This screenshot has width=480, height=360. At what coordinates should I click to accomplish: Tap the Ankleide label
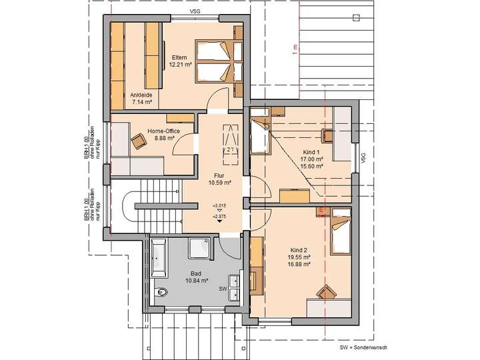[142, 95]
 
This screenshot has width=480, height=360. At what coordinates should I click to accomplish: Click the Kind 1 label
[311, 151]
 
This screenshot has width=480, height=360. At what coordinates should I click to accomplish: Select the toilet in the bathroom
[161, 293]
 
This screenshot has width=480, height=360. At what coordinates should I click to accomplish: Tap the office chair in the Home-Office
[139, 141]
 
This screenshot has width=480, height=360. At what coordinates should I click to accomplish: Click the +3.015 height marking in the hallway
[219, 206]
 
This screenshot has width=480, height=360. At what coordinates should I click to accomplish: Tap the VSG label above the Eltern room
[195, 11]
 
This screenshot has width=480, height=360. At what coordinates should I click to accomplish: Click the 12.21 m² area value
[181, 65]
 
